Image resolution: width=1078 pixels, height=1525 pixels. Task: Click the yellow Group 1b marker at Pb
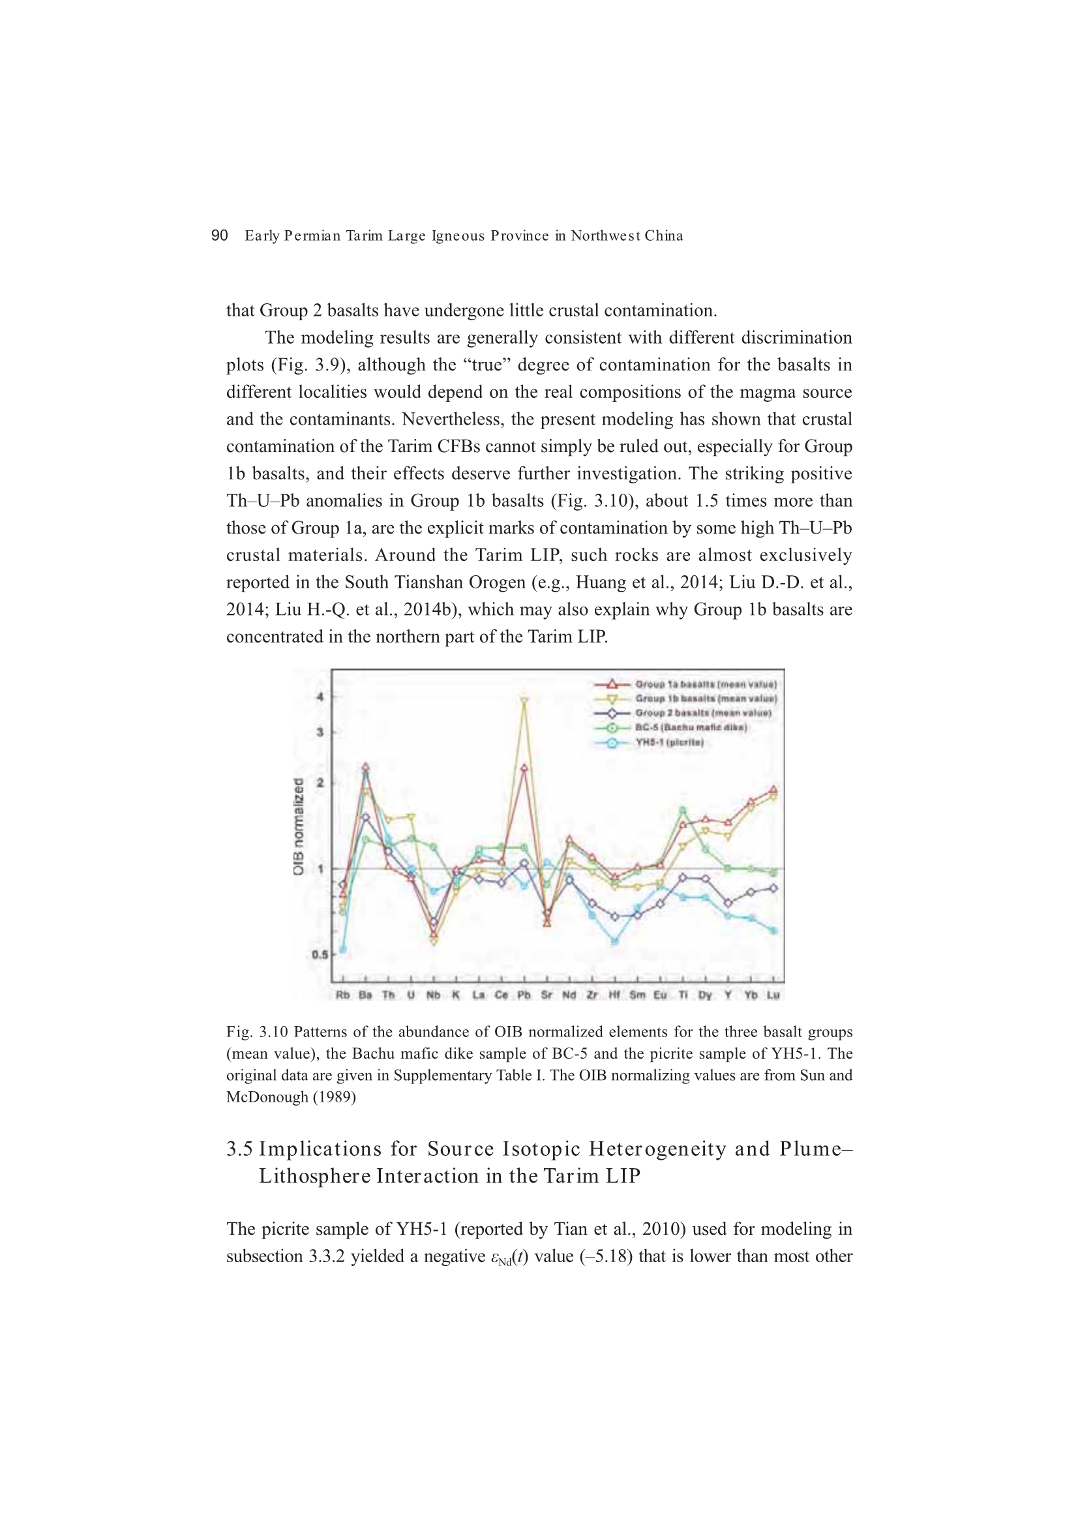click(524, 701)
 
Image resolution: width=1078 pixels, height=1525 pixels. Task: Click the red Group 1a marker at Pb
click(524, 767)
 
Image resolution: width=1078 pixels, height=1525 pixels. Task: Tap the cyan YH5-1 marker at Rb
click(343, 949)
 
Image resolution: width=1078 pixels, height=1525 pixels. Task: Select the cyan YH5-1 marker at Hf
click(614, 941)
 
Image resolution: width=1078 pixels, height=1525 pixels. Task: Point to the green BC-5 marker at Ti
click(682, 810)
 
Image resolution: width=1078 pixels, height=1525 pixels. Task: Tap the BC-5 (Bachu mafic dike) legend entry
click(691, 728)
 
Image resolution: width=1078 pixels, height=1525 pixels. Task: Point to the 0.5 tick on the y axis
click(320, 955)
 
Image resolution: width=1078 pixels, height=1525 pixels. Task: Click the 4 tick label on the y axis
click(320, 697)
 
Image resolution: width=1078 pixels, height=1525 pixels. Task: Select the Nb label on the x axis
click(433, 995)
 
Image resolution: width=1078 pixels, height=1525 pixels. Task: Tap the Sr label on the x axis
click(546, 995)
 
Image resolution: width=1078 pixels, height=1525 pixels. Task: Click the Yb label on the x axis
click(751, 995)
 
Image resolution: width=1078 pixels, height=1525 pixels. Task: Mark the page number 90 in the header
click(219, 235)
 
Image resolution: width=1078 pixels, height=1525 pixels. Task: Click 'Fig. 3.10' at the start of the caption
click(257, 1032)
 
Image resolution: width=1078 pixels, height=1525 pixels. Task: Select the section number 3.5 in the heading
click(239, 1149)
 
